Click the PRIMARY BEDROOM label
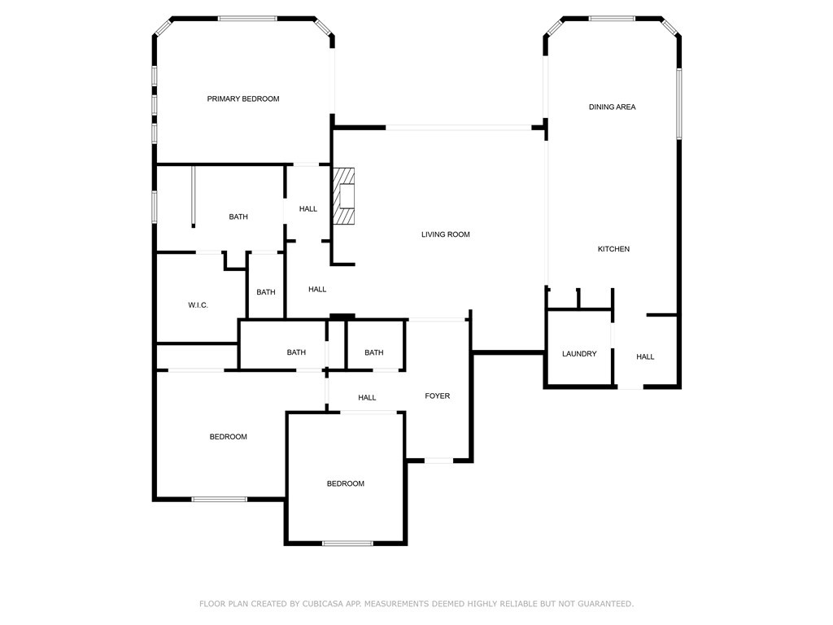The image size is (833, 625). coord(242,99)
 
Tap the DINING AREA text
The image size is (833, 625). coord(612,107)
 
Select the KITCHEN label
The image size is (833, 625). coord(613,249)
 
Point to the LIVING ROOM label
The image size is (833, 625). coord(445,235)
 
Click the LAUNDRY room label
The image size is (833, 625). coord(579,354)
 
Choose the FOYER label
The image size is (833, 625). coord(437,396)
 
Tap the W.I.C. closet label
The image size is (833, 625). coord(198,305)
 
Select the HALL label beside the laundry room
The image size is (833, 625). coord(645,356)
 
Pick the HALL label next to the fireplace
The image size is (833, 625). coord(308,209)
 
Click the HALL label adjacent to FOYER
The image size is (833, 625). coord(367,398)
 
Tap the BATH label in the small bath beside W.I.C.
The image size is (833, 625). coord(266,292)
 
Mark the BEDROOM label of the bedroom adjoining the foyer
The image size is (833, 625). coord(345,484)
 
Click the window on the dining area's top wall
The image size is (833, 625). coord(612,18)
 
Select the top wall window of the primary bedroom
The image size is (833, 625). coord(247,18)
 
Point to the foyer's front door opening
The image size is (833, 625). coord(439,461)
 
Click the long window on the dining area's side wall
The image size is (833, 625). coord(678,103)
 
